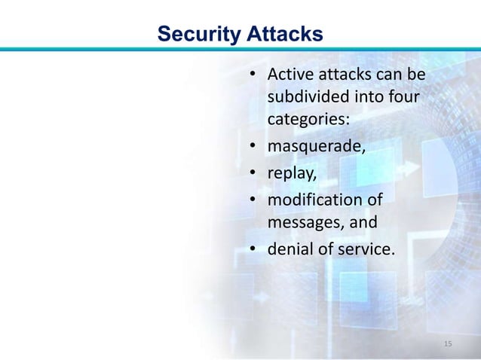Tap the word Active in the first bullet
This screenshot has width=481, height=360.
pyautogui.click(x=288, y=75)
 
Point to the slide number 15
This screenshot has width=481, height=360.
pyautogui.click(x=449, y=343)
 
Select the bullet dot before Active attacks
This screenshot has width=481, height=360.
pyautogui.click(x=255, y=76)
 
